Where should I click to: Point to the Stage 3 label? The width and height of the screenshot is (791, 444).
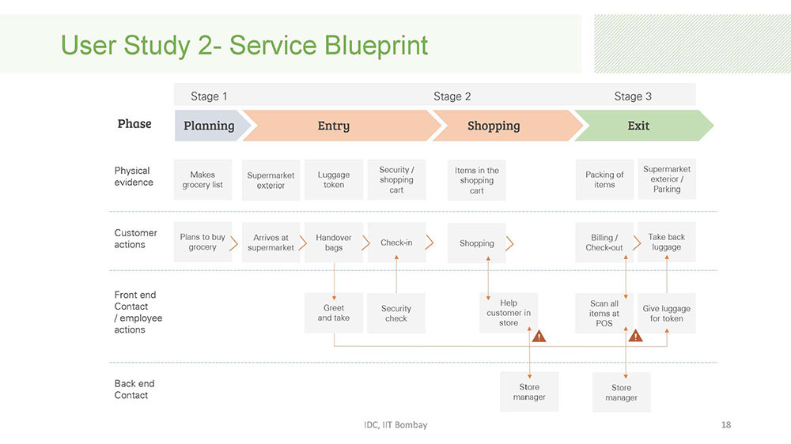(x=633, y=96)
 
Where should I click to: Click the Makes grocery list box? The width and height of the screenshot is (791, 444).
(x=202, y=180)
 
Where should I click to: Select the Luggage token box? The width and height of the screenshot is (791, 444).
(x=334, y=180)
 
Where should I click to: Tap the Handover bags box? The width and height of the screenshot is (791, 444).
(x=334, y=243)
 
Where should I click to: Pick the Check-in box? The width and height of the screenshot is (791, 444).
(x=396, y=243)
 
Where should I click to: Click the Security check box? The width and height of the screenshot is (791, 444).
(x=396, y=313)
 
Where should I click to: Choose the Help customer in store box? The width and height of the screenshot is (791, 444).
(x=509, y=313)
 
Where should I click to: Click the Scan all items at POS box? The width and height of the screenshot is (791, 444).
(x=604, y=313)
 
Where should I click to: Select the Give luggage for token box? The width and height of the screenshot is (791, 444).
(x=666, y=313)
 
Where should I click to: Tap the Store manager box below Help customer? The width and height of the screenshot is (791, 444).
(x=529, y=392)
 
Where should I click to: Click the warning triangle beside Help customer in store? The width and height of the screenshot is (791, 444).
(x=539, y=336)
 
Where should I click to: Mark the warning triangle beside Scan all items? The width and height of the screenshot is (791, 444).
(x=636, y=336)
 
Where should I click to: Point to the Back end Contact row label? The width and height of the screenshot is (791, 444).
(x=134, y=389)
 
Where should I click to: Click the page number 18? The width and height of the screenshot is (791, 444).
(x=726, y=425)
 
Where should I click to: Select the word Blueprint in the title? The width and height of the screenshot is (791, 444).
(x=376, y=45)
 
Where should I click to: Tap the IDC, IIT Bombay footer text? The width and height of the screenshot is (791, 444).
(x=395, y=425)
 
